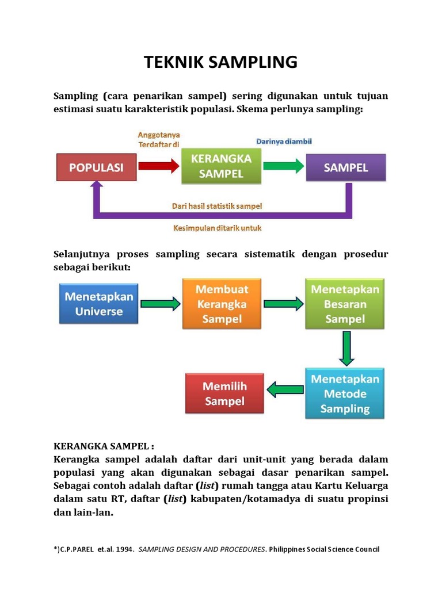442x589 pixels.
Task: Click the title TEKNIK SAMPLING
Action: click(220, 62)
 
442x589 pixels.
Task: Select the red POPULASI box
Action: click(97, 167)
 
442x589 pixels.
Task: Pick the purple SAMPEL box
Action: click(345, 167)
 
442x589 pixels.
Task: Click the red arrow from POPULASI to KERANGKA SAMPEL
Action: click(159, 167)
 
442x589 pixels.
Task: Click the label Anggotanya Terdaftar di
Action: click(159, 140)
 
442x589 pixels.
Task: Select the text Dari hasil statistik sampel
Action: click(217, 205)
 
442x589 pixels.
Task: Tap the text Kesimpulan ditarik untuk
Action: click(218, 228)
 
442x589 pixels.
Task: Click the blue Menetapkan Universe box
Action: click(98, 304)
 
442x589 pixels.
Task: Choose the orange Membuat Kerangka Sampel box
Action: click(222, 304)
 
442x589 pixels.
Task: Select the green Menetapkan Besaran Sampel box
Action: click(345, 304)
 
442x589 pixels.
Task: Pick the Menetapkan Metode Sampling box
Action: click(345, 393)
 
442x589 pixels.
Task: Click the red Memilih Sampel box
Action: click(224, 393)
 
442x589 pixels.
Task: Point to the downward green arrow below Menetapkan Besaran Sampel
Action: click(346, 348)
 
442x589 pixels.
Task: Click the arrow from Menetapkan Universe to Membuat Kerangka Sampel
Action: click(160, 304)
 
